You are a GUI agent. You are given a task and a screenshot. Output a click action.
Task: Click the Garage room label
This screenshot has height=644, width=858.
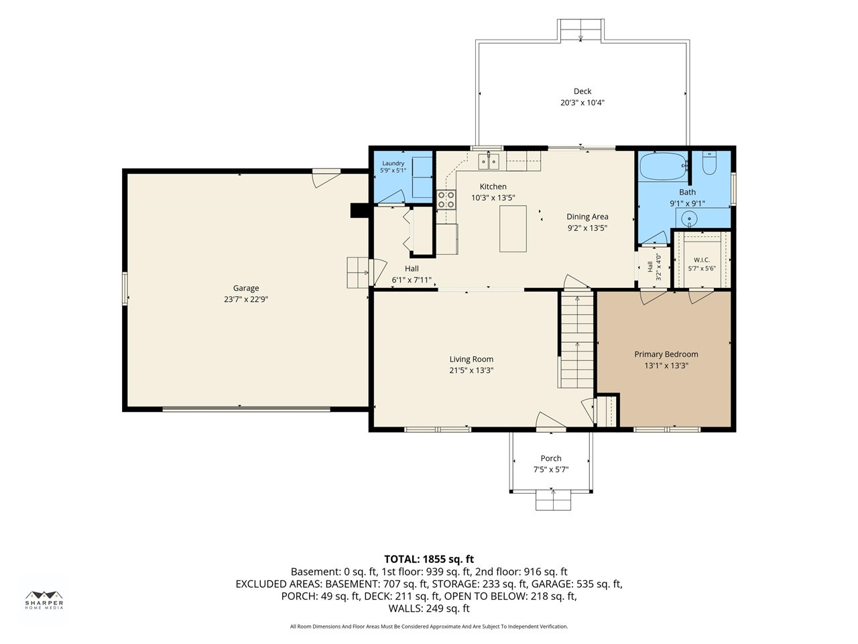coord(246,288)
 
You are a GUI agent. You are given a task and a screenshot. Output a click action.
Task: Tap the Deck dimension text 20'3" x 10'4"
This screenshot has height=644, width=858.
coord(583,103)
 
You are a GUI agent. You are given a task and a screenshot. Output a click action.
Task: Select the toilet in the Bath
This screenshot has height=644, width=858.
coord(709,163)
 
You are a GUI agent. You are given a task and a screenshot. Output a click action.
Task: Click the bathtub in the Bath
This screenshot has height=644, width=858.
coord(664,166)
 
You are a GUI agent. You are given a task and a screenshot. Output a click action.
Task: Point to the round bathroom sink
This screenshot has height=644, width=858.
coord(689,219)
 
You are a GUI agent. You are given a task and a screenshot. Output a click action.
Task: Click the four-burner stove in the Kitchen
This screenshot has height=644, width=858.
coord(446,199)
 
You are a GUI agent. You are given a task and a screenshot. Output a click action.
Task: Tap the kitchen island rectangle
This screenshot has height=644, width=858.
coord(513,229)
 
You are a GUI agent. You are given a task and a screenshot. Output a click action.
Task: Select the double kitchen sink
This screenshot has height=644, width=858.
coord(489,161)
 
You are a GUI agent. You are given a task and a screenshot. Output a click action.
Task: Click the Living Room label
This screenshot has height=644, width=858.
coord(471,360)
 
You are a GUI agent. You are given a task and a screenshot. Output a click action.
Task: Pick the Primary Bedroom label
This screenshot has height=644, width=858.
coord(666,354)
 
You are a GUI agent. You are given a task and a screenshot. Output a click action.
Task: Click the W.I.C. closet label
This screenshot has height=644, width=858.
coord(702,260)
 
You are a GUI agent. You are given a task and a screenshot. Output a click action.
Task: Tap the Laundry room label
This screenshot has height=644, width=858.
coord(393,164)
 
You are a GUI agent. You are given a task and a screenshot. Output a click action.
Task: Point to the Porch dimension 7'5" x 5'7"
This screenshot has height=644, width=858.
coord(551,469)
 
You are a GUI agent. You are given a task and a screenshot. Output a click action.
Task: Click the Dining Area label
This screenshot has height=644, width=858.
coord(587,217)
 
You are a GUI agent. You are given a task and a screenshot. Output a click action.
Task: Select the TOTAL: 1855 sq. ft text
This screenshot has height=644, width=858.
coord(429,559)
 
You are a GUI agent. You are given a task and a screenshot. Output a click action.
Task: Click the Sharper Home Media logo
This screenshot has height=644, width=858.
coord(44,600)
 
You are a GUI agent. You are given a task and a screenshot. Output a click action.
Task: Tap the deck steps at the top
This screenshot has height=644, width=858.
coord(581,30)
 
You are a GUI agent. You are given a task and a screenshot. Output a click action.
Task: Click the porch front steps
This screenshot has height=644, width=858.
coord(553,501)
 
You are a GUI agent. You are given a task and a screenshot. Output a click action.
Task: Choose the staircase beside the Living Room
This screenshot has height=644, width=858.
coord(577,340)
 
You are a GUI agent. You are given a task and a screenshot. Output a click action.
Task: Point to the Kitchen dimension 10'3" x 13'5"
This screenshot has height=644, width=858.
coord(493,198)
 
